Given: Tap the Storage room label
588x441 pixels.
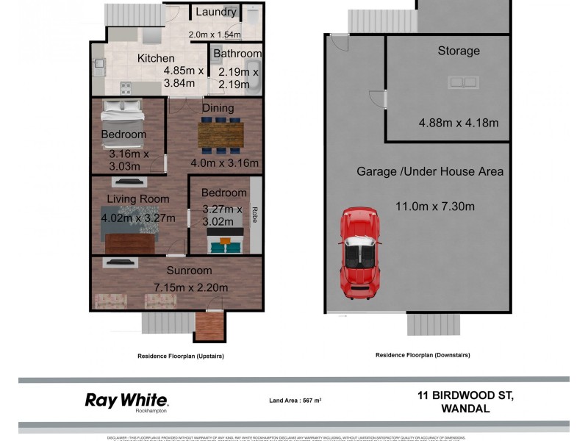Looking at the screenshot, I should coord(459,51).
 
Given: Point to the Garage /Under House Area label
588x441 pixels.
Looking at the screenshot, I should coord(430,171).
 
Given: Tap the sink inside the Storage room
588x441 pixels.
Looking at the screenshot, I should coord(462,82).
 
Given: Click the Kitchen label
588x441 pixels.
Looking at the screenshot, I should coord(156,58).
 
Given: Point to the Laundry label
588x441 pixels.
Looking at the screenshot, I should coord(216,12).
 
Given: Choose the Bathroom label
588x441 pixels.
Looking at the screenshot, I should coord(237,54).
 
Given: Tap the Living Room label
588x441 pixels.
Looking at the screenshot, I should coord(138,198).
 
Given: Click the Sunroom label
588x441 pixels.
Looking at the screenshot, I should coord(189,270).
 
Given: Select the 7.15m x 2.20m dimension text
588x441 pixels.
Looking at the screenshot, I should coord(191,287).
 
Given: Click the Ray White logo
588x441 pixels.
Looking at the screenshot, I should coord(126,401).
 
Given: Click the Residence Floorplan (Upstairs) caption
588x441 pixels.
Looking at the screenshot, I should coord(181,356).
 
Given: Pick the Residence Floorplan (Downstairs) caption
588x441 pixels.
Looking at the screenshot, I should coord(423,355).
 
